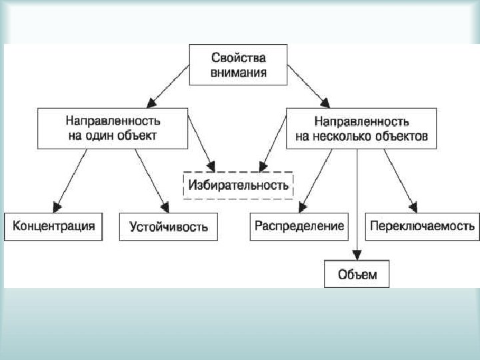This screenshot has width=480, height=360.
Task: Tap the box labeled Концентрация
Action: (x=54, y=226)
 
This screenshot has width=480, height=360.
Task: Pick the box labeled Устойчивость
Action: (x=169, y=227)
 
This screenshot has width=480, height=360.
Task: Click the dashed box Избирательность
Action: (x=238, y=184)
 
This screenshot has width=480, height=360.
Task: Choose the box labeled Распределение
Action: (x=299, y=226)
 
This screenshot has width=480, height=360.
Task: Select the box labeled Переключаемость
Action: (x=423, y=226)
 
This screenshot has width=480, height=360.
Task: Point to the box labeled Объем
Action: (x=357, y=274)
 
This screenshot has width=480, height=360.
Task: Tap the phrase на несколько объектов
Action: (x=362, y=137)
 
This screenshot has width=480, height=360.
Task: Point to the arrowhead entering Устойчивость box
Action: (x=163, y=205)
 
